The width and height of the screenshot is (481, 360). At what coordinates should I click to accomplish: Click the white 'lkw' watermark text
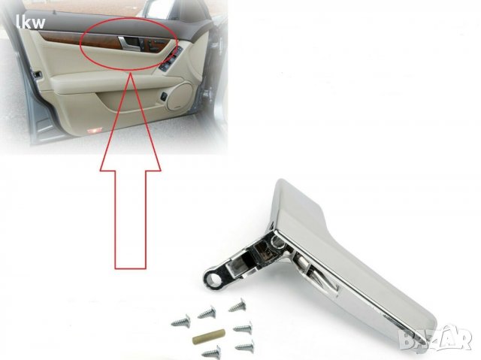click(x=32, y=23)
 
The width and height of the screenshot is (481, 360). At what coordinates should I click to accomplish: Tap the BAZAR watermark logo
click(x=435, y=337)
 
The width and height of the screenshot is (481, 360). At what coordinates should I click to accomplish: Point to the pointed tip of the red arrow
click(x=131, y=74)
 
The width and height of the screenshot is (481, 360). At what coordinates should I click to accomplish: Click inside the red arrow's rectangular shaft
click(x=130, y=219)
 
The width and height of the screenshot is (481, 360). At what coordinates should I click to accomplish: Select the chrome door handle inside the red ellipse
click(x=129, y=44)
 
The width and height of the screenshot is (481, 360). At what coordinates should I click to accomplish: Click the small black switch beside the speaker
click(x=165, y=97)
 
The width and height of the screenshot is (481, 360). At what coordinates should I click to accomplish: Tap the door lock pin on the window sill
click(x=54, y=13)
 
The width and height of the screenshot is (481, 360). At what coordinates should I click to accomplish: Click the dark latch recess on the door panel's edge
click(x=37, y=74)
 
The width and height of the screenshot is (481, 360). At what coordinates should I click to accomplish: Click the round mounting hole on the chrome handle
click(x=213, y=279)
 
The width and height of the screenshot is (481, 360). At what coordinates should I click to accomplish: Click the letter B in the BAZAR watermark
click(x=407, y=340)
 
